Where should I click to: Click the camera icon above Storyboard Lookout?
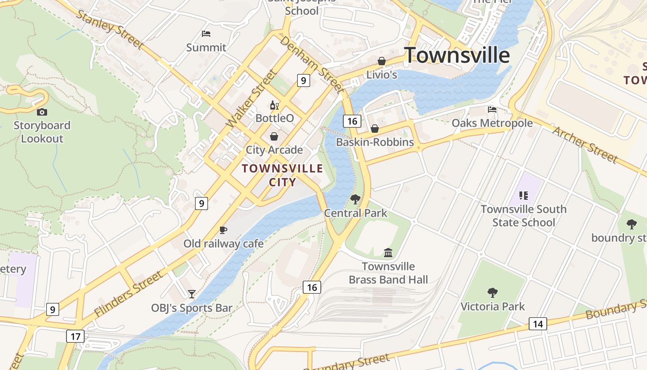(x=42, y=112)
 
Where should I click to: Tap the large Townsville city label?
(x=457, y=55)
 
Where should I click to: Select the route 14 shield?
(x=537, y=324)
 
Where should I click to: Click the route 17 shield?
(x=75, y=336)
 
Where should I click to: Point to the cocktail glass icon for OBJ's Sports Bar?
(x=192, y=294)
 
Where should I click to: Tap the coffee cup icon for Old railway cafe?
(x=223, y=230)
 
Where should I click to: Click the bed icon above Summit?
(x=206, y=34)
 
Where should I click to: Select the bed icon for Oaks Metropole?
(x=492, y=110)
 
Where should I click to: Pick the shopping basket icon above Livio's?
(x=382, y=61)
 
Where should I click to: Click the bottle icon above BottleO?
(x=274, y=105)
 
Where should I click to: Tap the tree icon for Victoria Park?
(x=493, y=292)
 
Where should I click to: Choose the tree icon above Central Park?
(x=355, y=199)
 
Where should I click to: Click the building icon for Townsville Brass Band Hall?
(x=388, y=253)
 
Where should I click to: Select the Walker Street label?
(x=251, y=99)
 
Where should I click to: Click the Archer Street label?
(x=585, y=144)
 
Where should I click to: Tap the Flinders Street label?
(x=128, y=294)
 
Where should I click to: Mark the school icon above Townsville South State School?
(x=523, y=196)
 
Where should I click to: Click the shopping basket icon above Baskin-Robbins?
(x=375, y=129)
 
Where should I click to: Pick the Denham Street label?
(x=311, y=63)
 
